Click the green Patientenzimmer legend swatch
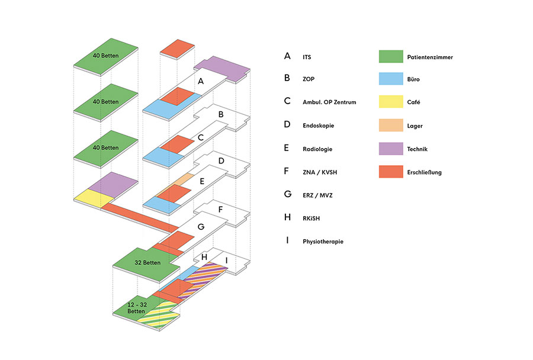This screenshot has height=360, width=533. (x=391, y=56)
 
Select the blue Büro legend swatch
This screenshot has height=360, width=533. (x=391, y=79)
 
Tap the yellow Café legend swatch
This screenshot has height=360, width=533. (x=391, y=102)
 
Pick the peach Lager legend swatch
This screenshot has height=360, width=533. (x=391, y=126)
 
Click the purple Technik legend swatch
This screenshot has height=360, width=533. (x=391, y=149)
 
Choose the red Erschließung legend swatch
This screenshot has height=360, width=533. (x=391, y=172)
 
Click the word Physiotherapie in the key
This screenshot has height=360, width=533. (x=323, y=242)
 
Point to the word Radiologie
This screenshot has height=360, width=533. (x=317, y=149)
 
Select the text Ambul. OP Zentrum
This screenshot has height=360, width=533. (x=329, y=102)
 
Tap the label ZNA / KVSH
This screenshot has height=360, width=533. (x=320, y=172)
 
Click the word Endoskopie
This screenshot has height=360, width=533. (x=318, y=126)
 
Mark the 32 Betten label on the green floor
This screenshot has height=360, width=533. (x=147, y=262)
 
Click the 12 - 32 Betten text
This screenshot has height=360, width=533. (x=137, y=308)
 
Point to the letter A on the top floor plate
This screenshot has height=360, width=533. (x=201, y=81)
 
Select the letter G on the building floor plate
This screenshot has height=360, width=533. (x=201, y=227)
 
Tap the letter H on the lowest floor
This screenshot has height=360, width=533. (x=204, y=257)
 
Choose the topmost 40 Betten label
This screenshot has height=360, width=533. (x=106, y=56)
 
